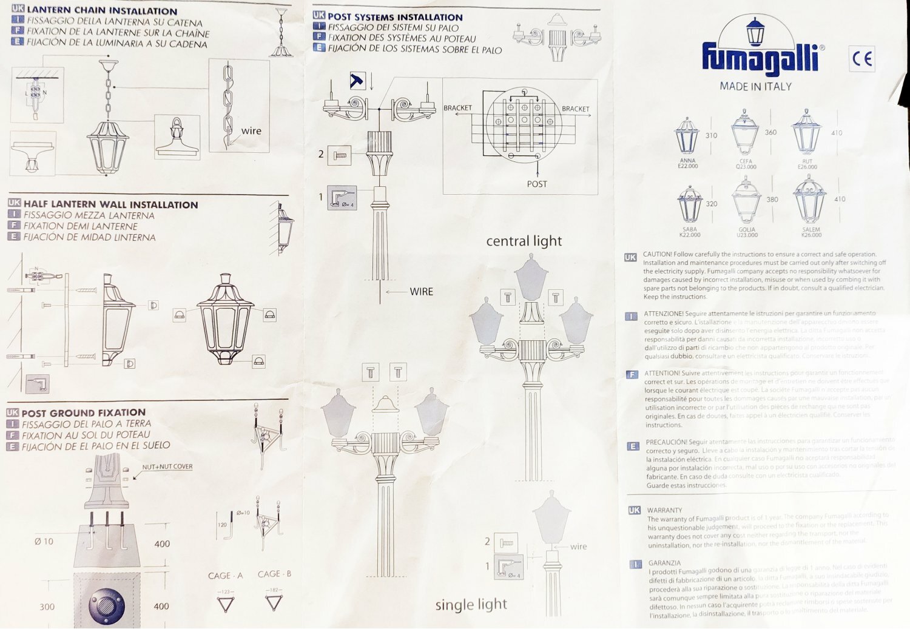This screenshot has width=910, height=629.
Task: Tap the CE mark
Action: pyautogui.click(x=862, y=59)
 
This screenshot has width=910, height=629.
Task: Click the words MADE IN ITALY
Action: pyautogui.click(x=755, y=87)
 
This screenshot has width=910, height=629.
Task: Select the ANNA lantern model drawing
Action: pyautogui.click(x=687, y=136)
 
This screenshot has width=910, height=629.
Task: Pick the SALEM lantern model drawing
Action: pyautogui.click(x=810, y=200)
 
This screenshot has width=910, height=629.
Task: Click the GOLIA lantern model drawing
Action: pyautogui.click(x=746, y=200)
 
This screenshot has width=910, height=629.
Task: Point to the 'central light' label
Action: pyautogui.click(x=524, y=241)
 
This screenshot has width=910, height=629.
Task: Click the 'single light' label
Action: pyautogui.click(x=471, y=604)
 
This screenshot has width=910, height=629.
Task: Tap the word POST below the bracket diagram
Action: pyautogui.click(x=537, y=184)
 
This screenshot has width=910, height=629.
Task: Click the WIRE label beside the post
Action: pyautogui.click(x=421, y=292)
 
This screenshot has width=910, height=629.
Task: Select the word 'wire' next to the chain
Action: pyautogui.click(x=251, y=130)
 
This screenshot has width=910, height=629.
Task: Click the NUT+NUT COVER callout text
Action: pyautogui.click(x=167, y=466)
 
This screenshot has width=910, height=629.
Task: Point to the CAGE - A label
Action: pyautogui.click(x=225, y=576)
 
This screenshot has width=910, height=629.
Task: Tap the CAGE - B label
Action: pyautogui.click(x=274, y=574)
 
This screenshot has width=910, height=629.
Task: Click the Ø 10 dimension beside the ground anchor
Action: pyautogui.click(x=44, y=542)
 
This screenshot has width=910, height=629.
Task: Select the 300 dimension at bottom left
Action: pyautogui.click(x=47, y=607)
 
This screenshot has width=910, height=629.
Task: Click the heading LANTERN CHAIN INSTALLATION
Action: pyautogui.click(x=102, y=10)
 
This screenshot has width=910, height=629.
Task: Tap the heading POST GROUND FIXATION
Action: pyautogui.click(x=84, y=413)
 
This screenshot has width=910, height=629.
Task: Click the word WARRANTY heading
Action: pyautogui.click(x=664, y=511)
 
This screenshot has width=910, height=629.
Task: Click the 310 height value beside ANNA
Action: pyautogui.click(x=711, y=135)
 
